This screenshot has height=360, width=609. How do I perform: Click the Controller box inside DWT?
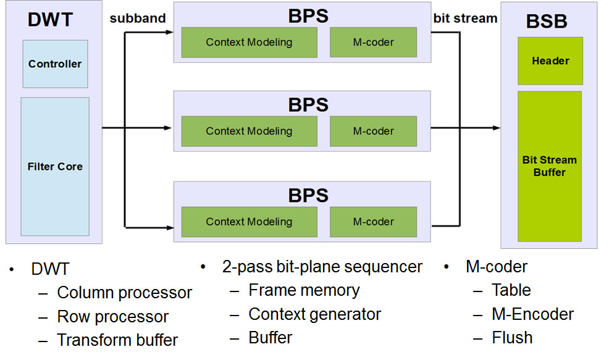point(55,64)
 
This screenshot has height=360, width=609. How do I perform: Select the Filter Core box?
point(55,166)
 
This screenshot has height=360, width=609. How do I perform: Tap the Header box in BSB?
point(550,61)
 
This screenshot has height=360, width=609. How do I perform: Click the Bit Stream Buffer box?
point(550,166)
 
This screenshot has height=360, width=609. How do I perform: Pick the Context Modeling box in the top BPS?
point(249,43)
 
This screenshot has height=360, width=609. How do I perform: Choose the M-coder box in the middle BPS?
point(373,131)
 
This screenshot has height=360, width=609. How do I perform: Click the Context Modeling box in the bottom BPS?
point(249,222)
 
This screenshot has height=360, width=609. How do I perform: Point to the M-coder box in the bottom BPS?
point(373,222)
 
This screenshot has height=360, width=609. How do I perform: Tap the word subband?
point(138,19)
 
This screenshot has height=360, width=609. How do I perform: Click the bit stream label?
point(465,19)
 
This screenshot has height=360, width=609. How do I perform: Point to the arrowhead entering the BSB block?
point(497,128)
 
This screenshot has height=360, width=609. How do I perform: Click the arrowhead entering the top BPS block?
point(170,31)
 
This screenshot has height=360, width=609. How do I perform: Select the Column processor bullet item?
point(124,293)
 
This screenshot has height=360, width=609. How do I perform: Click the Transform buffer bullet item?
point(117,340)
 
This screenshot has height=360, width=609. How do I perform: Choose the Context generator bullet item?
point(314,314)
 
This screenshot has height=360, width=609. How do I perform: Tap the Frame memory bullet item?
point(304,290)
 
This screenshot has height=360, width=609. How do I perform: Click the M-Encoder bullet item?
point(532,314)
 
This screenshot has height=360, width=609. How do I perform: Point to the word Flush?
point(512,338)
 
